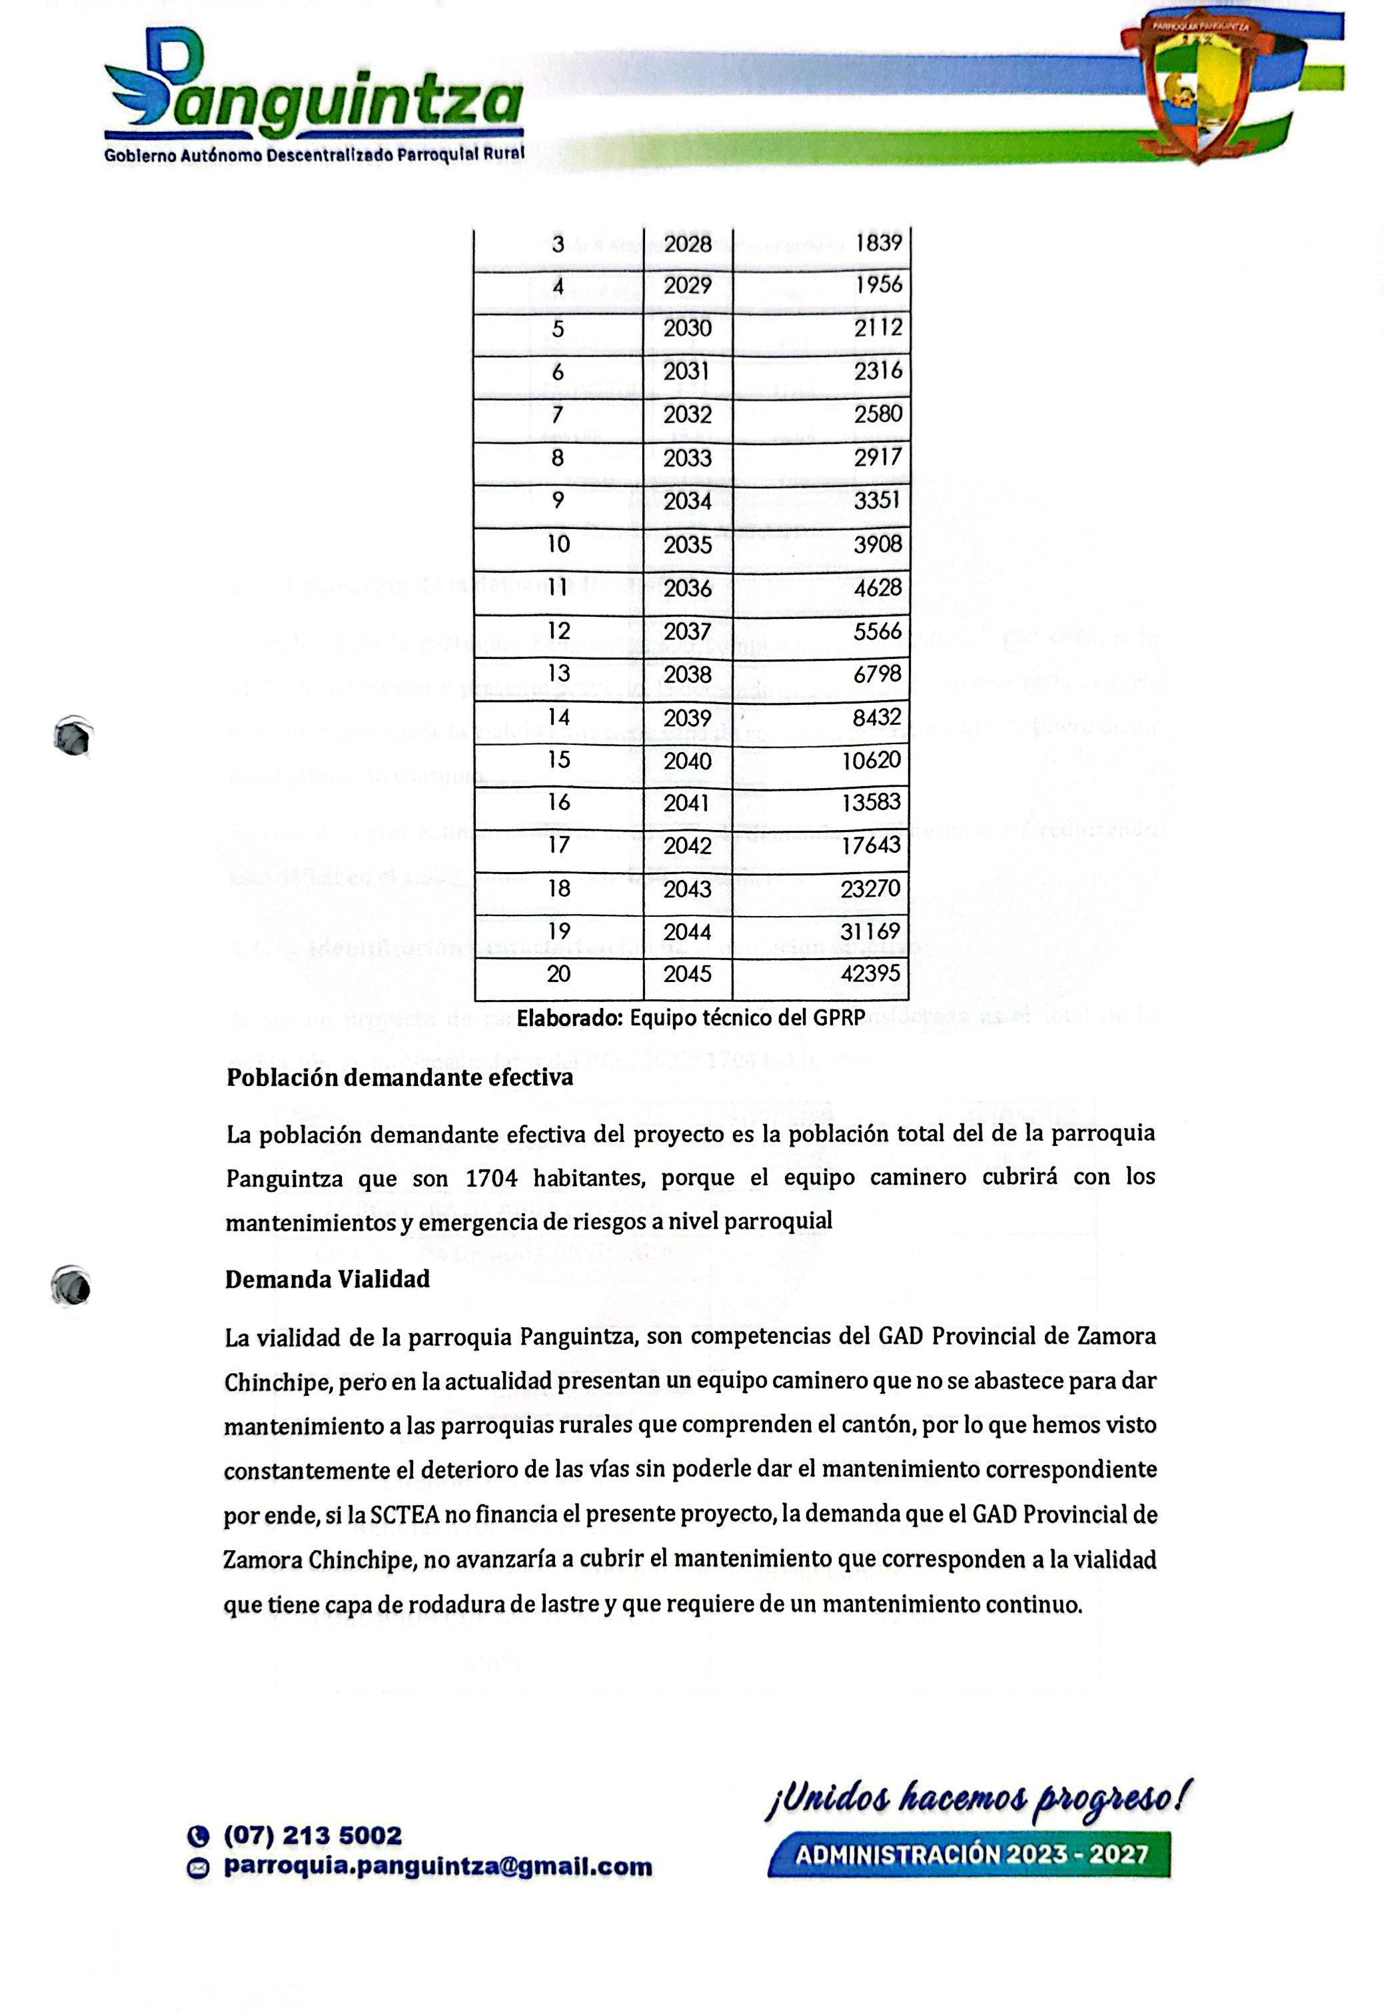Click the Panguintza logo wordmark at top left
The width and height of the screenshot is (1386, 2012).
[x=315, y=95]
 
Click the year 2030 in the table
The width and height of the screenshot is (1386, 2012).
[x=688, y=328]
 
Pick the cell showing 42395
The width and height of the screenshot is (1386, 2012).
[x=870, y=973]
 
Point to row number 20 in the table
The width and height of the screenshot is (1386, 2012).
[x=558, y=974]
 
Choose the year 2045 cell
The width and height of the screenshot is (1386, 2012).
[x=688, y=974]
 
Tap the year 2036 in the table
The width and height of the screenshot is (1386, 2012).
[x=688, y=588]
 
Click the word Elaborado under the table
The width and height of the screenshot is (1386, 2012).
[x=570, y=1019]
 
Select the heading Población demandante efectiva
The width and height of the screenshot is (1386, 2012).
[x=399, y=1078]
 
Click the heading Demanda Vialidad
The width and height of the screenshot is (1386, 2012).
[x=327, y=1279]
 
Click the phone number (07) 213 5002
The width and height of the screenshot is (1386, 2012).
[x=313, y=1835]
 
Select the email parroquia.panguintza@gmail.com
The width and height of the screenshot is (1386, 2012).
[x=438, y=1866]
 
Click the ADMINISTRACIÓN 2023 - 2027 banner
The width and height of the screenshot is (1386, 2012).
[x=971, y=1855]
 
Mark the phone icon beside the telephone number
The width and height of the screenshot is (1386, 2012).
[x=199, y=1837]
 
